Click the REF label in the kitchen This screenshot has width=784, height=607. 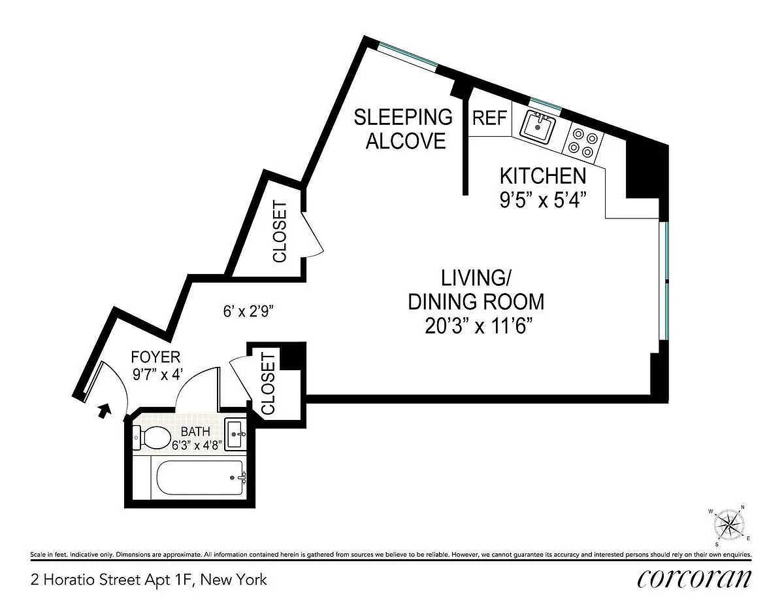(489, 118)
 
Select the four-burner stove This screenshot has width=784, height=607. (583, 143)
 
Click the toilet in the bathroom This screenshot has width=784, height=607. (152, 438)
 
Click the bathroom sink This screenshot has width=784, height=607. (235, 434)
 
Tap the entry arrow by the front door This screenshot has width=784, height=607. (104, 411)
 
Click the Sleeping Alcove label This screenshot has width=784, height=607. (403, 129)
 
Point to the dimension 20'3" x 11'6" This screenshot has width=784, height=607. (478, 327)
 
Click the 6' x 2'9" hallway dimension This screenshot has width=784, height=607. (249, 311)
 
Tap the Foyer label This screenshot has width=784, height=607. (155, 357)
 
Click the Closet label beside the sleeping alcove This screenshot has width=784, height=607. (280, 231)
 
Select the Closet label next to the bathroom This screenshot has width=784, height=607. (269, 383)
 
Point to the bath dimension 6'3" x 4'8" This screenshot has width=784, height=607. (196, 445)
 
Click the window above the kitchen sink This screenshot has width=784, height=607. (546, 104)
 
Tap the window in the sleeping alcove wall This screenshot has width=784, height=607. (408, 56)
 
